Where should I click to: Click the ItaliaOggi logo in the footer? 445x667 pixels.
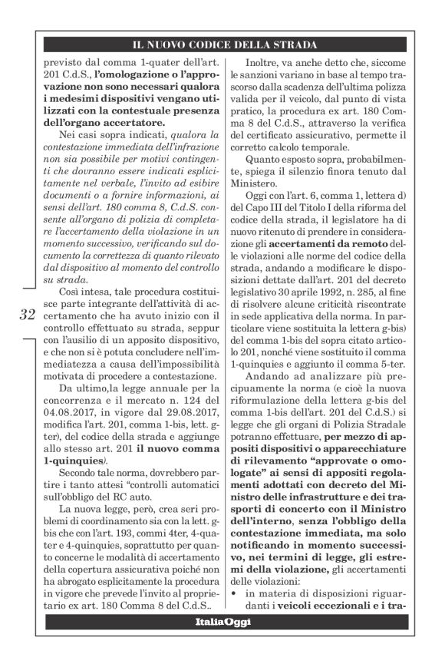tap(222, 621)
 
